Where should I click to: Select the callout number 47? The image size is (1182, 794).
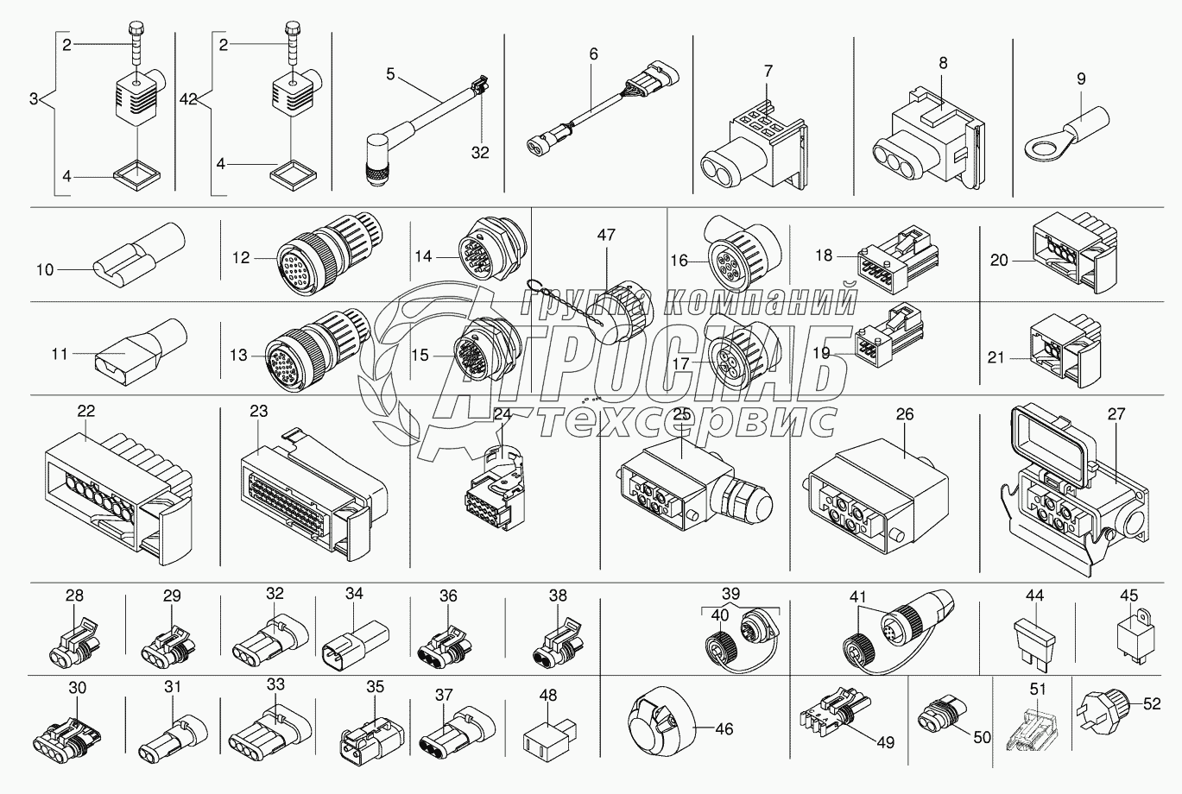(x=606, y=235)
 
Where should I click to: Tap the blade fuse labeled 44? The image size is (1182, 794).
(x=1034, y=643)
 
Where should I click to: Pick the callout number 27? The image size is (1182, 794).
(x=1116, y=414)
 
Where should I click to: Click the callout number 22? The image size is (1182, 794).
(x=86, y=411)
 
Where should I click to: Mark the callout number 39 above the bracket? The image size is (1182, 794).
(x=730, y=594)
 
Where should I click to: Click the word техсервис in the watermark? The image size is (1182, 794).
(x=687, y=423)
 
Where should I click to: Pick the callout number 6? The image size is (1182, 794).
(x=594, y=54)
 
